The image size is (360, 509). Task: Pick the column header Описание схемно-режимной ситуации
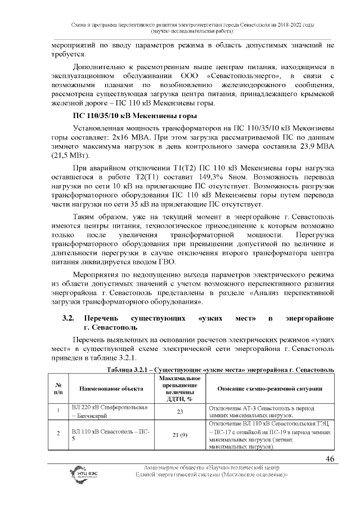269,389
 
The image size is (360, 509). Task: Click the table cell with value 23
181,412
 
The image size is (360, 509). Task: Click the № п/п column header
57,389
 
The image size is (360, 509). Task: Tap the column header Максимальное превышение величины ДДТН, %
181,389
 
